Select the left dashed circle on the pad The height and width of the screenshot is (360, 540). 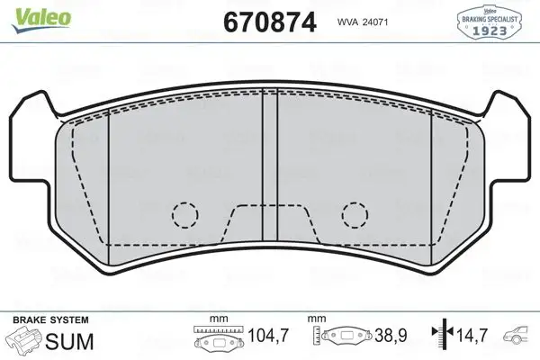185,214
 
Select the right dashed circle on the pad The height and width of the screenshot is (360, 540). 354,214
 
